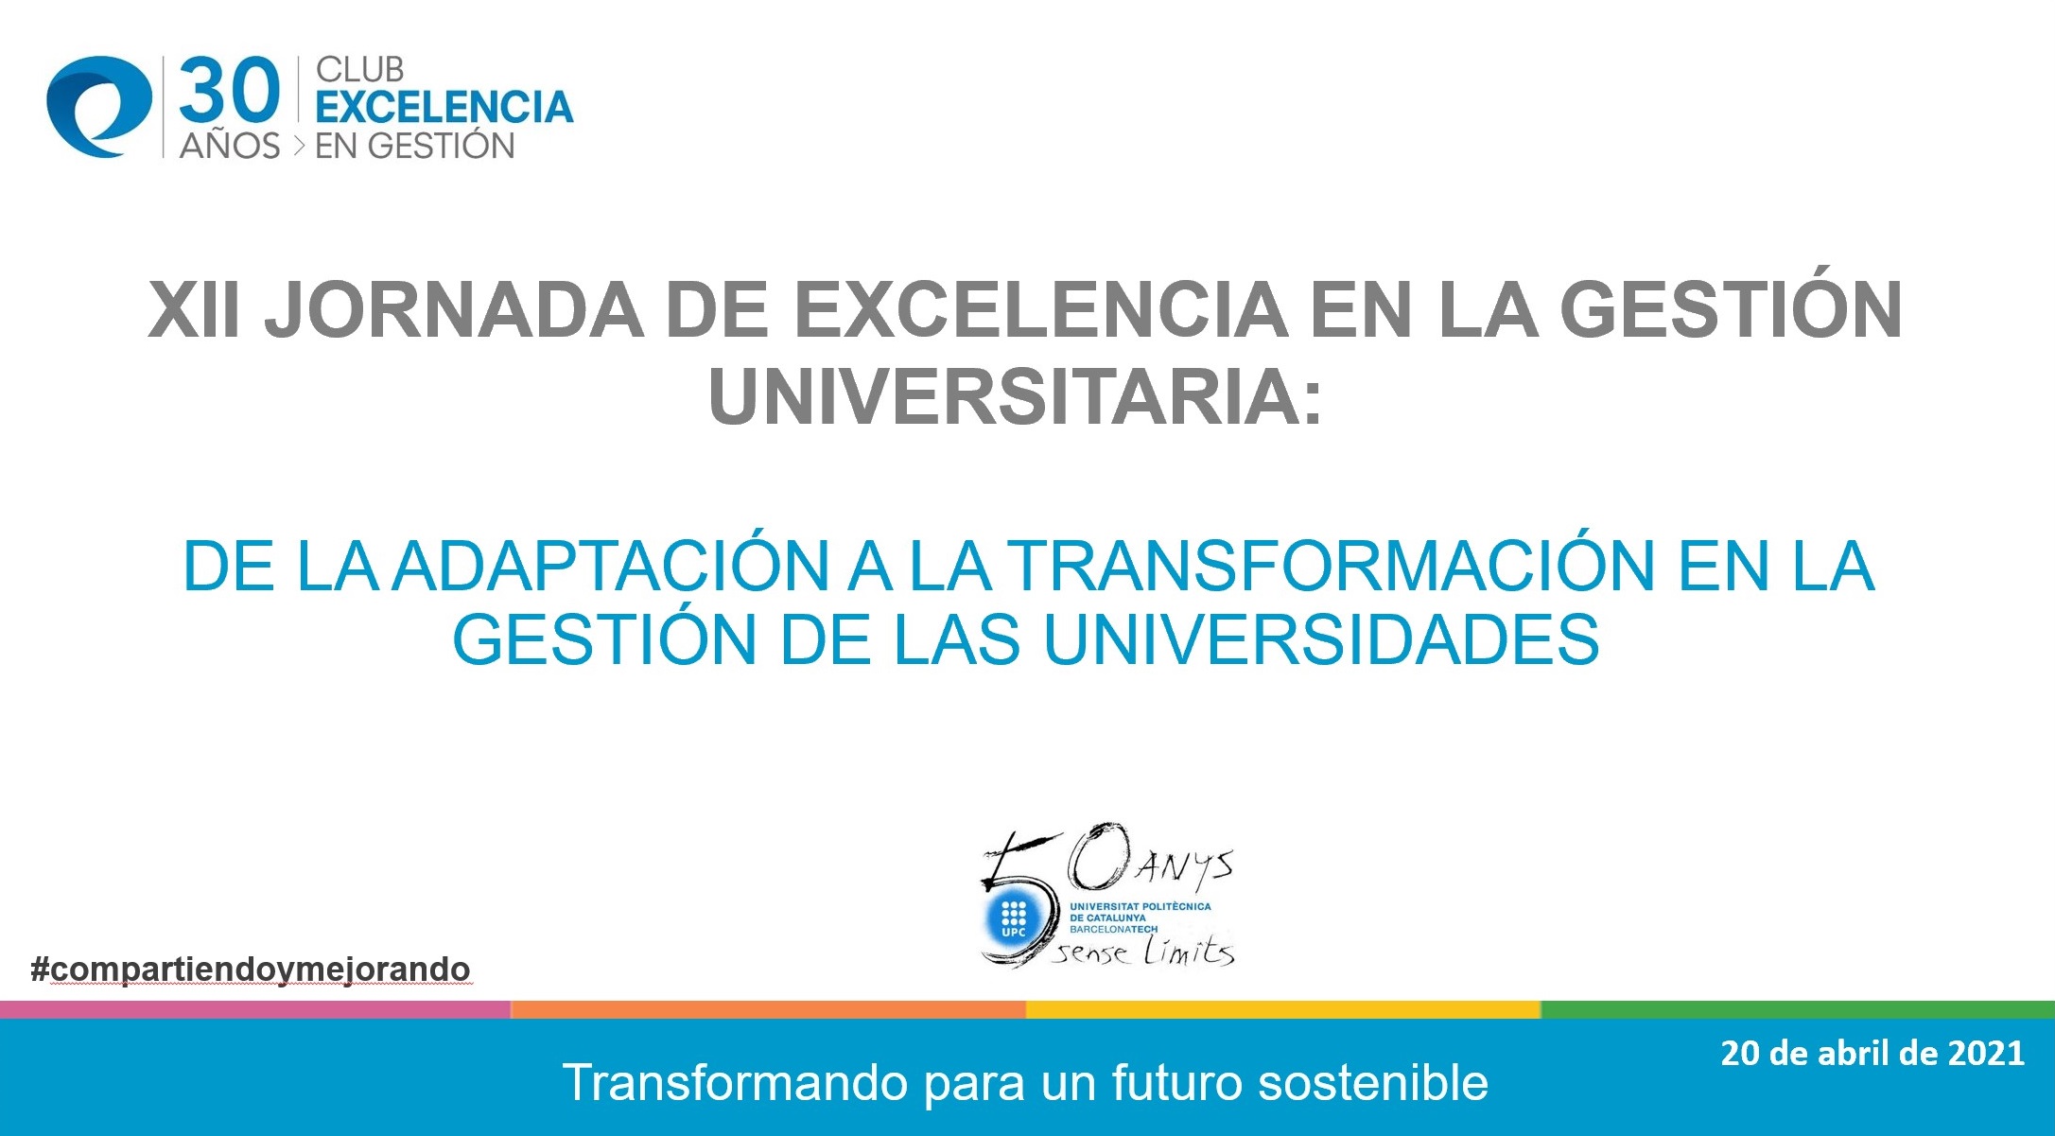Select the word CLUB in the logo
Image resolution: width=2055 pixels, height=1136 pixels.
[x=359, y=70]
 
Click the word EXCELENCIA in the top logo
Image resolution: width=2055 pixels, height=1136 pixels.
[x=444, y=107]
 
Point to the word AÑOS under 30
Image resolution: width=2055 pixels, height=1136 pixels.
[x=230, y=146]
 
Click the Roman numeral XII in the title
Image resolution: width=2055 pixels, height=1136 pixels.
[x=195, y=310]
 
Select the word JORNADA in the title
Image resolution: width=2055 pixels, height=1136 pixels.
[x=454, y=310]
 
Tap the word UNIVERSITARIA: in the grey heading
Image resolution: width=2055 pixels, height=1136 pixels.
[x=1015, y=397]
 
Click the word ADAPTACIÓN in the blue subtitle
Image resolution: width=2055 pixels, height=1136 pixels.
[x=612, y=567]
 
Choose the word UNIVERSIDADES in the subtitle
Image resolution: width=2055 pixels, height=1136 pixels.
[x=1321, y=640]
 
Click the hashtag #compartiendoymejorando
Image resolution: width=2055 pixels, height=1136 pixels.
[x=251, y=970]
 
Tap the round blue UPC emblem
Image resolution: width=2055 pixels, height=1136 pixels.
[x=1013, y=918]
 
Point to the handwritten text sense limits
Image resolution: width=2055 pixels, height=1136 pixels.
[x=1145, y=951]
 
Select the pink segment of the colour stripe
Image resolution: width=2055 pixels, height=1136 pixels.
[x=255, y=1009]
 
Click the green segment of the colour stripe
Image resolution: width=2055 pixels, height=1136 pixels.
[x=1798, y=1009]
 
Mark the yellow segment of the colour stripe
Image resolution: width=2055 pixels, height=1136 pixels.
[x=1283, y=1009]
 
